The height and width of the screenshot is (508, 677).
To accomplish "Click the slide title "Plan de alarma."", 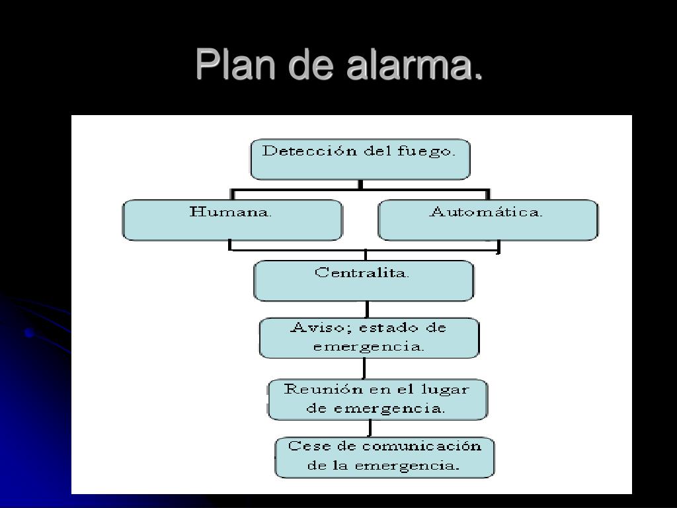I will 338,65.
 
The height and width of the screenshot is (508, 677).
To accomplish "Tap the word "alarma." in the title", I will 413,65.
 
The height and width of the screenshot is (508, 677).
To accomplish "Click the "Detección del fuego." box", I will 360,159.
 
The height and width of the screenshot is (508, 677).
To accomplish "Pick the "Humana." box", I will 232,220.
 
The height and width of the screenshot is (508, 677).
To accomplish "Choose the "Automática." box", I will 487,220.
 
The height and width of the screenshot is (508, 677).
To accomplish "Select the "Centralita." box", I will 363,280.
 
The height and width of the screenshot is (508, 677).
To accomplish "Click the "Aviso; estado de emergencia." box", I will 368,337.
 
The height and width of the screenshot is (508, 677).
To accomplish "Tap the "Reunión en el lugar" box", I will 377,399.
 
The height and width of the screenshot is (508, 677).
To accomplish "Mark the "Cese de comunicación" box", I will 384,456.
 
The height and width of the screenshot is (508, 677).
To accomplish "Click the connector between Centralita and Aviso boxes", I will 367,310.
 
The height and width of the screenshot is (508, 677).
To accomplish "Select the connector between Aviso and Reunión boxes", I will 364,368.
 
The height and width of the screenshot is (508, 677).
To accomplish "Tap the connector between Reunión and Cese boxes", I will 370,428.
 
